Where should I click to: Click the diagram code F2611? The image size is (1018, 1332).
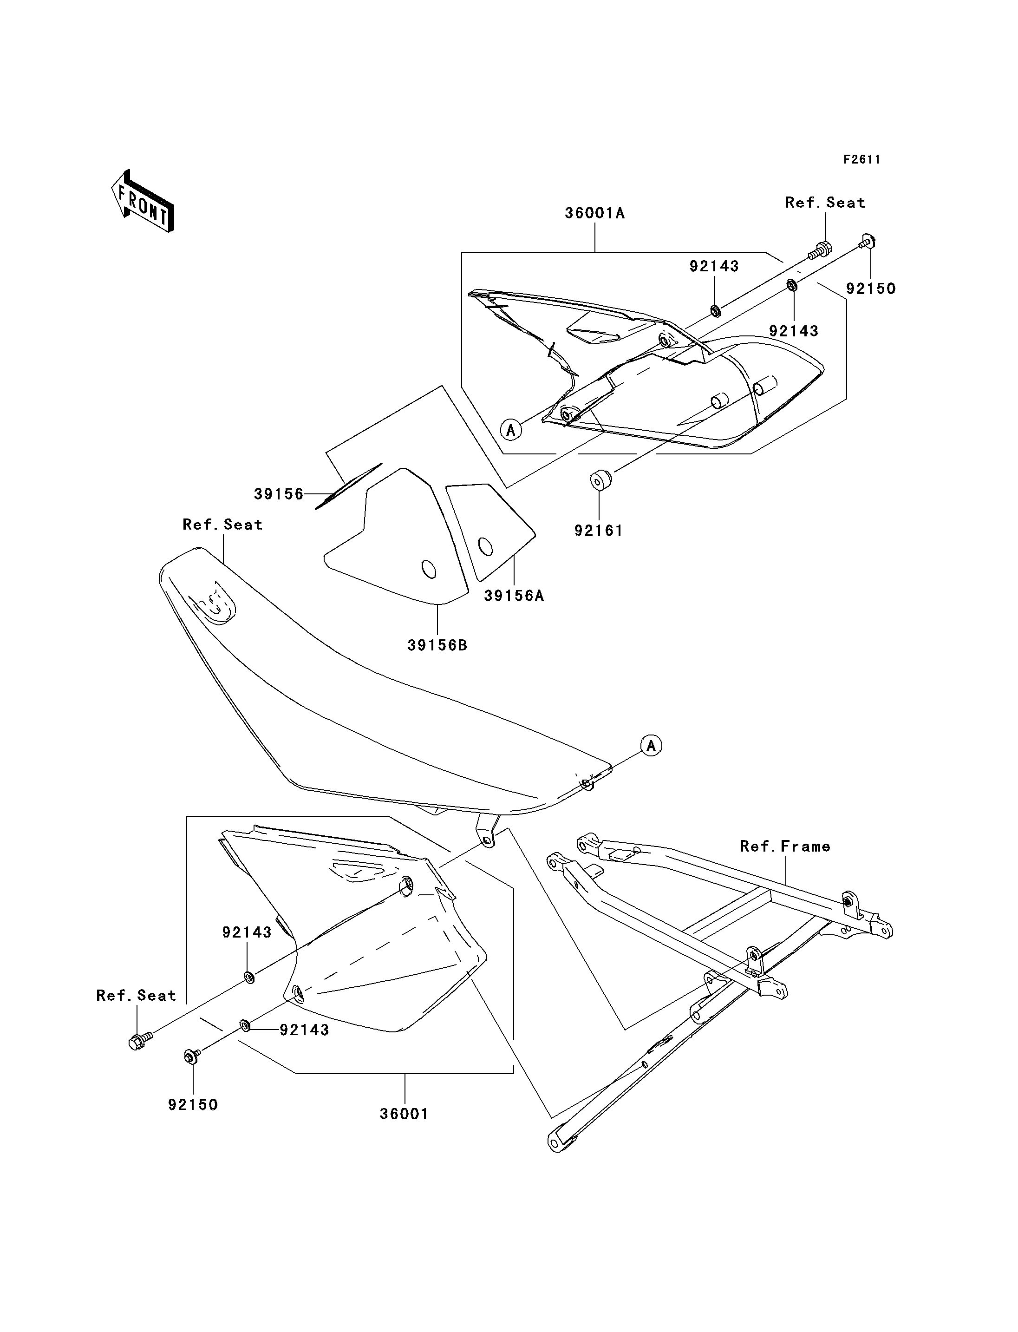(861, 159)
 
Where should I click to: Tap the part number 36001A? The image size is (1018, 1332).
(594, 213)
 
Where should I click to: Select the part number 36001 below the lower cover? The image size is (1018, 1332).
(404, 1115)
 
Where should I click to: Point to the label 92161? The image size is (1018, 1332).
(599, 531)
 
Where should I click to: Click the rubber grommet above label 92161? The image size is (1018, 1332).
(600, 479)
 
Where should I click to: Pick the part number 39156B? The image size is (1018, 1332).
(437, 646)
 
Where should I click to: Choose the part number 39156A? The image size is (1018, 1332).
(514, 596)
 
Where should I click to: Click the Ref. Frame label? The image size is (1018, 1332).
(785, 846)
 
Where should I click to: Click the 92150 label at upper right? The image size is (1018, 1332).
(871, 289)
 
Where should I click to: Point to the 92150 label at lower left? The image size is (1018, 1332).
(193, 1105)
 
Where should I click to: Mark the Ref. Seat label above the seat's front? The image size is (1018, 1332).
(222, 525)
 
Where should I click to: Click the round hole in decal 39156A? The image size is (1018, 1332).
(485, 547)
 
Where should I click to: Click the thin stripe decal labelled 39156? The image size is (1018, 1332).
(348, 486)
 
